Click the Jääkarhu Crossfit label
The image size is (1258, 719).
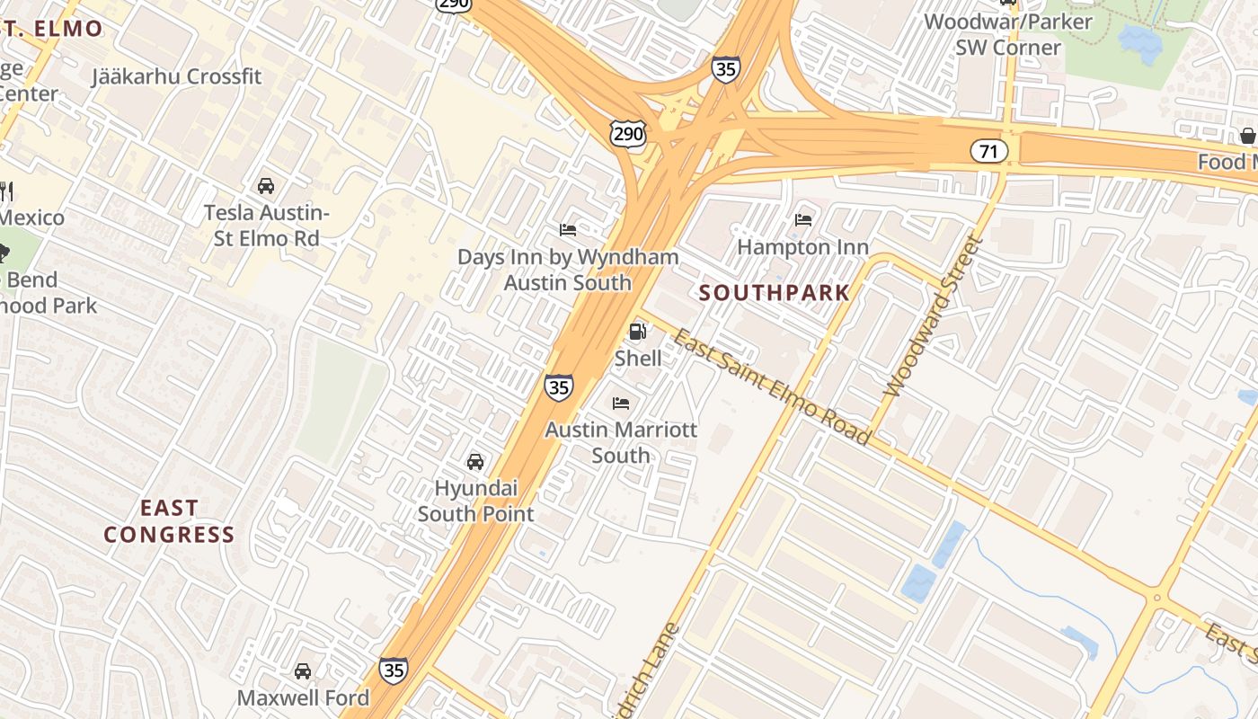tap(176, 76)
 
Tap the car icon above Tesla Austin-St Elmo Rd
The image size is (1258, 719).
tap(266, 186)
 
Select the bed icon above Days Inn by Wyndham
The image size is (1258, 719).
tap(568, 230)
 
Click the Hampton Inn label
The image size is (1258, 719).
tap(802, 246)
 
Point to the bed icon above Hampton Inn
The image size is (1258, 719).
tap(803, 219)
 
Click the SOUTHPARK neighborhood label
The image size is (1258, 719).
tap(774, 292)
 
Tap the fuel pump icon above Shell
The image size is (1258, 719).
tap(638, 332)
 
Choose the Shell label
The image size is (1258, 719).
tap(638, 359)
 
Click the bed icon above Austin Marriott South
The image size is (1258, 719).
tap(621, 403)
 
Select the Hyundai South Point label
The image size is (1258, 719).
tap(476, 501)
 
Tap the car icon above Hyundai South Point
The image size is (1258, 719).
tap(475, 462)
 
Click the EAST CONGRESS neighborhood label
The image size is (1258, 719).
tap(169, 521)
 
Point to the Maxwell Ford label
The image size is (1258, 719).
tap(303, 697)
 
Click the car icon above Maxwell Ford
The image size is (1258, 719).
tap(303, 671)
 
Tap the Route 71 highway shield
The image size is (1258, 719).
tap(988, 151)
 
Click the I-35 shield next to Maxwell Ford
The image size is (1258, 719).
tap(393, 670)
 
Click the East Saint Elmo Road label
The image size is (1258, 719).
tap(772, 387)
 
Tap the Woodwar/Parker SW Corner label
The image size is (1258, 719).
tap(1008, 33)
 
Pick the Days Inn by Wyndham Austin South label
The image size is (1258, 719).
tap(568, 270)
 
